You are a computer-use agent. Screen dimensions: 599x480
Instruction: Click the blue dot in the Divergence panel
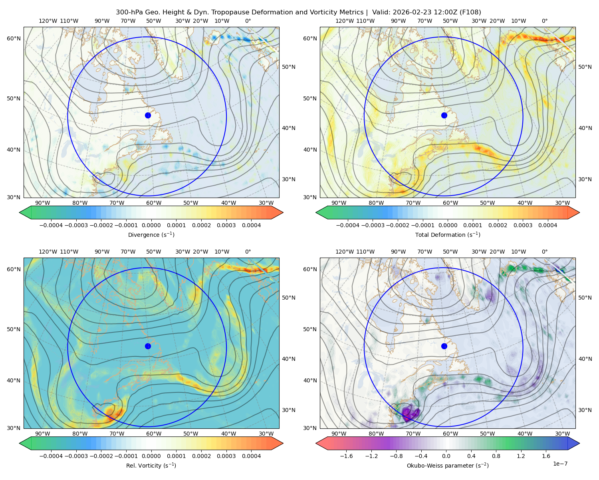click(148, 115)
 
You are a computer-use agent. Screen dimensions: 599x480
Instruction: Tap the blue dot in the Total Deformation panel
click(444, 115)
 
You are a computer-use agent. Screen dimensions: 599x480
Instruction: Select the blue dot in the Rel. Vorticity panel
click(148, 346)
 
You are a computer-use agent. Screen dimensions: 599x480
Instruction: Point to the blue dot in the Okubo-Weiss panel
click(444, 346)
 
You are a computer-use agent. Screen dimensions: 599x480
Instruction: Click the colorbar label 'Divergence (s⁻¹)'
click(151, 234)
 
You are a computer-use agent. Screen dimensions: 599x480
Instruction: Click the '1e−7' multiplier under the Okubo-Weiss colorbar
click(560, 464)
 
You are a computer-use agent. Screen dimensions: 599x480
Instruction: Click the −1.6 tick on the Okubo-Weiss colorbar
click(346, 456)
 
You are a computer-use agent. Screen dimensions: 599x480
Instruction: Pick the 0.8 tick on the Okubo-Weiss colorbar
click(496, 456)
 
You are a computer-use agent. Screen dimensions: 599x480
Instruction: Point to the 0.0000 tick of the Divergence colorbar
click(151, 225)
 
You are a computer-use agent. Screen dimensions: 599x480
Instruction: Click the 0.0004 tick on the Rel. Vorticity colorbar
click(251, 456)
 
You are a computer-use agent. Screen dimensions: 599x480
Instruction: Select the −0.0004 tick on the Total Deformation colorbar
click(348, 225)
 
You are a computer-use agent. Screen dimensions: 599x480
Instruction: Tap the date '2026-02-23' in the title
click(410, 12)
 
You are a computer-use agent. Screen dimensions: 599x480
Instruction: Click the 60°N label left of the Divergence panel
click(14, 38)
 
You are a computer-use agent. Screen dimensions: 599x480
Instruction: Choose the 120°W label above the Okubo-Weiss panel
click(345, 252)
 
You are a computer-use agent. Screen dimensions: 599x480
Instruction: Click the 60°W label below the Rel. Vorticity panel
click(154, 434)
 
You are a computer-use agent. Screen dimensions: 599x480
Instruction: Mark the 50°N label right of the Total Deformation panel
click(585, 67)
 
